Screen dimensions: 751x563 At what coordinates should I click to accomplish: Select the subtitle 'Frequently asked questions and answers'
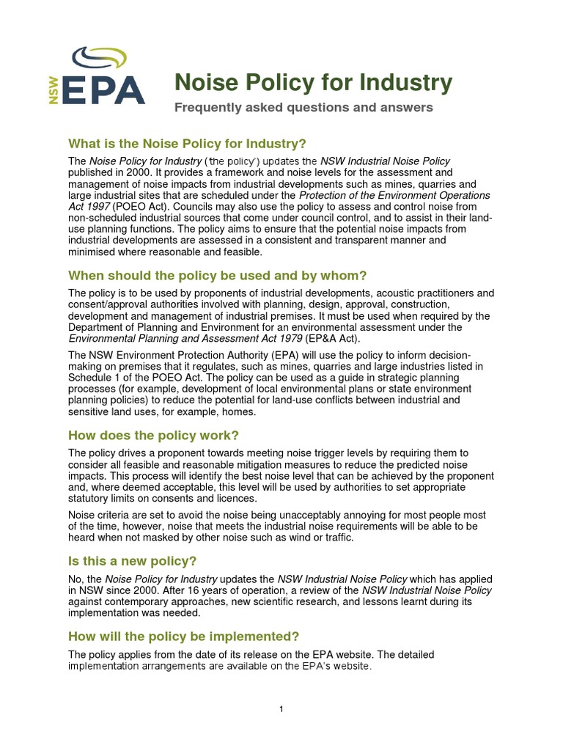coord(303,108)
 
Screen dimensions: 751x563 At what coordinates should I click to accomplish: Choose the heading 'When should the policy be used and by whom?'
coord(217,276)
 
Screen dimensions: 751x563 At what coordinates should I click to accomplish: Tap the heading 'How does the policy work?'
coord(153,436)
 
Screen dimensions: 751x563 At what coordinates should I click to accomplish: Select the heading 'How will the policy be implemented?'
coord(183,636)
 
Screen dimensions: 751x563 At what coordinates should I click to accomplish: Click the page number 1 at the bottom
coord(281,709)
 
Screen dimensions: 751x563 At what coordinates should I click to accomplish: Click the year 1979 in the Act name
coord(284,338)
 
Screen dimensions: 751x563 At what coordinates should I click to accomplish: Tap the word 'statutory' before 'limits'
coord(90,499)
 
